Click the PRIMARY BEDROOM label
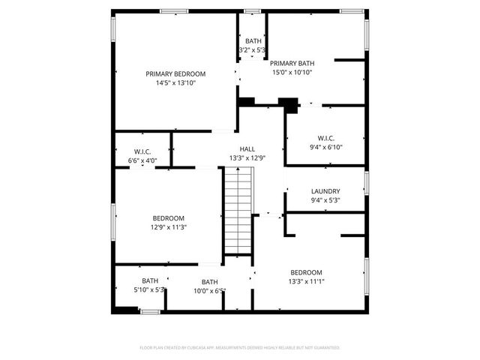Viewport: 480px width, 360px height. click(175, 73)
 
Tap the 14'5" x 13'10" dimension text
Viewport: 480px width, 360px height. click(175, 83)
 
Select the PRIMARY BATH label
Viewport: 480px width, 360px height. click(291, 63)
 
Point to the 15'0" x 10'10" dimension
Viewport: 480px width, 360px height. click(291, 73)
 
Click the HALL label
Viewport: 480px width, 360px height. click(247, 148)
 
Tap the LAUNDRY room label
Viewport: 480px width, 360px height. click(325, 191)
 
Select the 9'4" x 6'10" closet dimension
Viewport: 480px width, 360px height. click(325, 147)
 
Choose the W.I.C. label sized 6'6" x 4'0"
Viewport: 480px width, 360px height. click(142, 151)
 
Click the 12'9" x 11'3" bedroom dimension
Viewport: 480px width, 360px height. click(169, 227)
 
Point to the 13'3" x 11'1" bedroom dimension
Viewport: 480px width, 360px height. click(306, 281)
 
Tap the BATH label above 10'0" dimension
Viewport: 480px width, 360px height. click(209, 282)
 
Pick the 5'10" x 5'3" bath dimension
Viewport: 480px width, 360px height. click(150, 289)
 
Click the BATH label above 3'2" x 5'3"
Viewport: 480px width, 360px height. click(253, 40)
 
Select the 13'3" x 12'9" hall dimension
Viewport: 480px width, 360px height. click(247, 158)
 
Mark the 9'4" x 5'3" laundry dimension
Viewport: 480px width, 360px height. click(325, 200)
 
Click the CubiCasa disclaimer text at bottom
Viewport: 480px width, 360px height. click(240, 348)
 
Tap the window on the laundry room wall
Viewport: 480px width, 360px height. click(367, 184)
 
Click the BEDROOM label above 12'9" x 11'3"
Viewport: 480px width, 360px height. click(169, 217)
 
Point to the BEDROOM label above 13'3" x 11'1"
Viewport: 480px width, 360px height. click(306, 271)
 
